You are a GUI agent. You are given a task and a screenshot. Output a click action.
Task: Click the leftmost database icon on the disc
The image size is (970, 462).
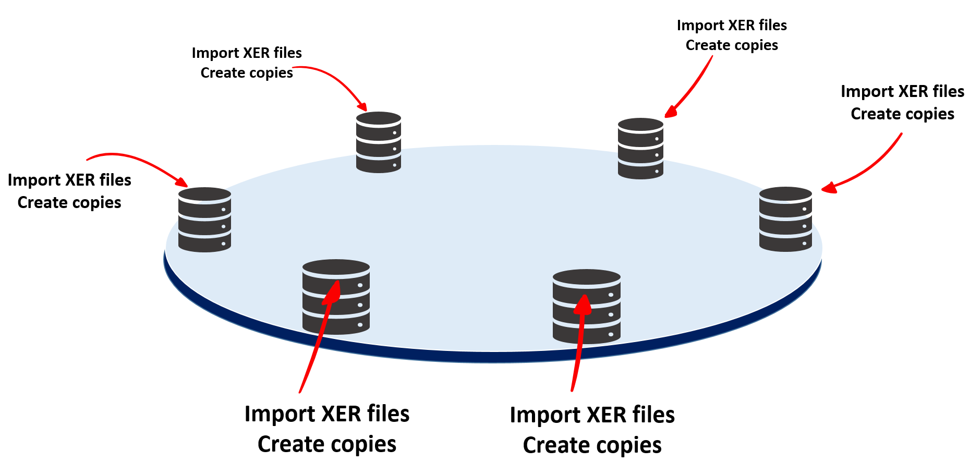[x=204, y=220]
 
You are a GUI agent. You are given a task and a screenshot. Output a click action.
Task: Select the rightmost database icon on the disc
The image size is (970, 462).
[x=785, y=220]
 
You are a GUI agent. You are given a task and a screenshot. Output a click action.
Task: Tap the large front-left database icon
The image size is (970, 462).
[x=336, y=297]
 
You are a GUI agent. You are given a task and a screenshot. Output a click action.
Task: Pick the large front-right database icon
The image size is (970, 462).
[x=586, y=307]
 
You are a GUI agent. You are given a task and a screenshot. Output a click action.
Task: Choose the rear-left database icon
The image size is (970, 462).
[x=378, y=142]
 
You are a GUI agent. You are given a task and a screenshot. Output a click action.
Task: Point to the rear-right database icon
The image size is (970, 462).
[x=640, y=149]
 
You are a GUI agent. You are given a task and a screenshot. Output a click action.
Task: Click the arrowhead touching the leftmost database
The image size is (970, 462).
[x=181, y=181]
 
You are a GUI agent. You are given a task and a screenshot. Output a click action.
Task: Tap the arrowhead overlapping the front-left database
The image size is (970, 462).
[x=333, y=292]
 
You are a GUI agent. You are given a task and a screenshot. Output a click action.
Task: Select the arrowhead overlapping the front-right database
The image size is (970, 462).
[x=583, y=305]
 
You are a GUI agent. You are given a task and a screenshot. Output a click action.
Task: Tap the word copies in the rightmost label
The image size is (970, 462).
[x=929, y=114]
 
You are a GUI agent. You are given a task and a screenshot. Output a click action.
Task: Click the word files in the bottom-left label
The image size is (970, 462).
[x=388, y=414]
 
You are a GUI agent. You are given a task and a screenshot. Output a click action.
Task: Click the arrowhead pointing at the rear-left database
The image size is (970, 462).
[x=361, y=106]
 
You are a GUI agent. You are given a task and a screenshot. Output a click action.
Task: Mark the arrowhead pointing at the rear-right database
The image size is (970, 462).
[x=671, y=112]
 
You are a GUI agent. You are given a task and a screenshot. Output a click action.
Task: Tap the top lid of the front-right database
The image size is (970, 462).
[x=586, y=276]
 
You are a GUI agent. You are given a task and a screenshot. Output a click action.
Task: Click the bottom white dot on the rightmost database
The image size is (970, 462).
[x=804, y=244]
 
